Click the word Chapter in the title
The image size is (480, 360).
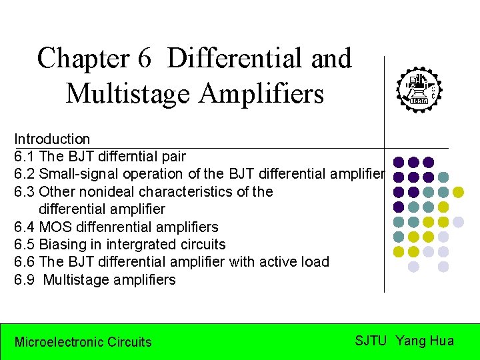pyautogui.click(x=83, y=59)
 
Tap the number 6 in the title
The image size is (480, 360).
pyautogui.click(x=145, y=59)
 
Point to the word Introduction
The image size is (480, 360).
pyautogui.click(x=52, y=139)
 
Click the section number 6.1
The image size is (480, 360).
pyautogui.click(x=25, y=157)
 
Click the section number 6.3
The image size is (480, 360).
pyautogui.click(x=25, y=192)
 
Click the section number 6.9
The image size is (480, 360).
pyautogui.click(x=25, y=280)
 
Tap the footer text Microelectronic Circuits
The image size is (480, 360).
pyautogui.click(x=83, y=342)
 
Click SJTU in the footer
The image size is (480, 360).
pyautogui.click(x=371, y=341)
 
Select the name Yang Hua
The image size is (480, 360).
pyautogui.click(x=425, y=341)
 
